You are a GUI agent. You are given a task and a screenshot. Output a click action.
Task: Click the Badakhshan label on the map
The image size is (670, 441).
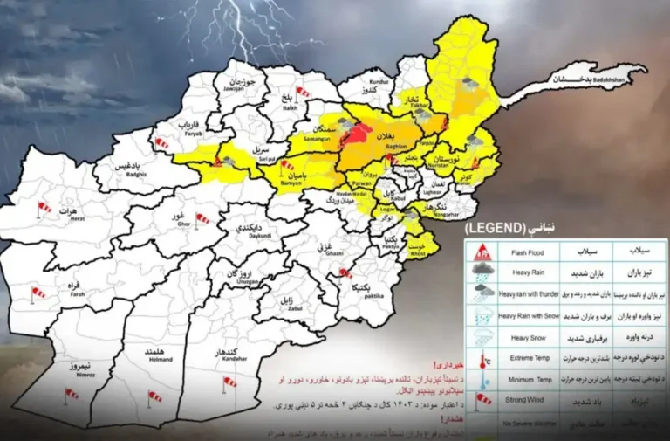point(587,80)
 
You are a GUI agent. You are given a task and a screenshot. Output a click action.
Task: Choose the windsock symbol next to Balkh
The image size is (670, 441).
point(303,91)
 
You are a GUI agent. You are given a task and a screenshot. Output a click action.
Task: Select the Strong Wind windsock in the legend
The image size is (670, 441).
point(482,399)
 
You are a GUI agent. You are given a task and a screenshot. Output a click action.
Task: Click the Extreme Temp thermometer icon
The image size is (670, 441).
point(482,357)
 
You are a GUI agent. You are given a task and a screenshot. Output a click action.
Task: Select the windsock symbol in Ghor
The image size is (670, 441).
point(202,218)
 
